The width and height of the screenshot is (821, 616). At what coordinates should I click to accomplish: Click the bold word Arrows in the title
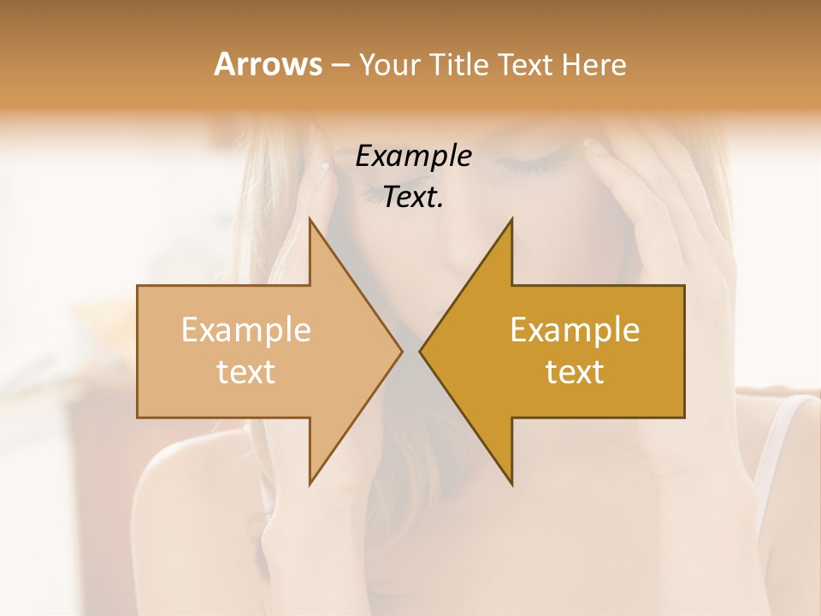(268, 64)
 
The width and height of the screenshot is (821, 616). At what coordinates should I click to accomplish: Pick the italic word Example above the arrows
(413, 156)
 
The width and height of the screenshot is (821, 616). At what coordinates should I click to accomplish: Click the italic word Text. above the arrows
(413, 197)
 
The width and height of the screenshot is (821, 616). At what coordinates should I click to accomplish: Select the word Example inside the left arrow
(245, 330)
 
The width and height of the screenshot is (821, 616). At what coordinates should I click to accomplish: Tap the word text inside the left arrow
(245, 371)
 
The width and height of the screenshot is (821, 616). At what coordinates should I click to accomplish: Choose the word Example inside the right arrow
(575, 330)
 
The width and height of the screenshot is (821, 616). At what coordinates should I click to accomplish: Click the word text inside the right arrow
(575, 371)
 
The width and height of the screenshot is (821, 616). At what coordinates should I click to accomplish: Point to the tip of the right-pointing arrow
(402, 351)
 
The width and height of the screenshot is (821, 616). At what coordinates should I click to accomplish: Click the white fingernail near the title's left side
(324, 168)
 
